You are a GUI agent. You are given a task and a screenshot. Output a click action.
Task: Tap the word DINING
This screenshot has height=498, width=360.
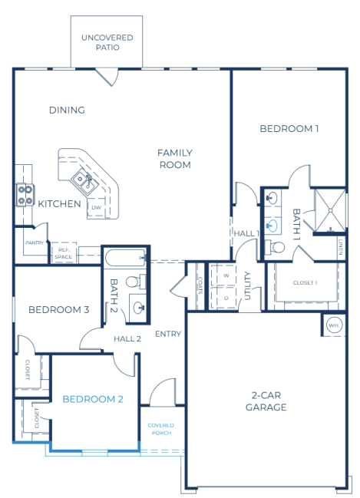pos(67,110)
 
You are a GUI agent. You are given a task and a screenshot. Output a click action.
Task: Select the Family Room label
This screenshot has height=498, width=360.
pos(175,158)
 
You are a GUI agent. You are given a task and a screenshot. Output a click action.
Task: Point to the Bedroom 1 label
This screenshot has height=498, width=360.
pos(289,128)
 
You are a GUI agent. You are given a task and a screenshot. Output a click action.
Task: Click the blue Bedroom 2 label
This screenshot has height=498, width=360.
pos(93,398)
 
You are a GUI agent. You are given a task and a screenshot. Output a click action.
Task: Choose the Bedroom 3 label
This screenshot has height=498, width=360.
pos(59,309)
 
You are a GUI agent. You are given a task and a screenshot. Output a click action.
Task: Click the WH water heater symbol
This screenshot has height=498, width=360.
pos(332,325)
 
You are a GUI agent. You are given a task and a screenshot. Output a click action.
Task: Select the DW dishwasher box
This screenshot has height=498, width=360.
pos(96,207)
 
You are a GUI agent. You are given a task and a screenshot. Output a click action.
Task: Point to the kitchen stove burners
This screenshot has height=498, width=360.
pos(25,196)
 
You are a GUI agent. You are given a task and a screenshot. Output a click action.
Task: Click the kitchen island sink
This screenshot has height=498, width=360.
pos(83,180)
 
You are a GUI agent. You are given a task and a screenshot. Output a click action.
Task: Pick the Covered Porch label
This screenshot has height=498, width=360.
pos(161,428)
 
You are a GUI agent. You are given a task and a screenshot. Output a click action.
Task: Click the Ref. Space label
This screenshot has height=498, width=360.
pos(62,252)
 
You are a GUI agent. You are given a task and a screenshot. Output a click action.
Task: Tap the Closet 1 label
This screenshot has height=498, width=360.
pos(305,282)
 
